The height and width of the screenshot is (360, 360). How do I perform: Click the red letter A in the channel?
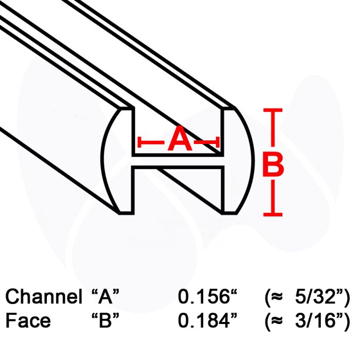coord(180,138)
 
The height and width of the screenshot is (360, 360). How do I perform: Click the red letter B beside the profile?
coord(273,165)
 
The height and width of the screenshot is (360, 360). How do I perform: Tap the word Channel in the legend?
coord(44,296)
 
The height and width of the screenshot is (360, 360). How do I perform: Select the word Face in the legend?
coord(28,320)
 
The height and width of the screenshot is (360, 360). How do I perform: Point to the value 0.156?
coord(204,296)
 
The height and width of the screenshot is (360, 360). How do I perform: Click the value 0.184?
coord(204,320)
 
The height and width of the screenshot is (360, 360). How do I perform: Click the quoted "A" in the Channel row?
coord(105,296)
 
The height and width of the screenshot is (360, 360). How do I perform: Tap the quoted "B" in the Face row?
coord(105,320)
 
